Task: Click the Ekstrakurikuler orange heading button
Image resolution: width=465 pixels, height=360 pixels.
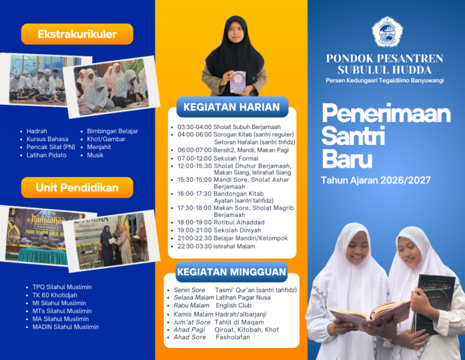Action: pyautogui.click(x=77, y=35)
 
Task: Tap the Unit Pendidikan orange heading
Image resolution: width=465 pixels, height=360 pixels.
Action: pyautogui.click(x=77, y=187)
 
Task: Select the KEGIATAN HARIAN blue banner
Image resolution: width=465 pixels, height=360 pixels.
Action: pyautogui.click(x=232, y=108)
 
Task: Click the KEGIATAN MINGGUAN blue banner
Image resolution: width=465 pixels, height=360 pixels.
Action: pyautogui.click(x=232, y=272)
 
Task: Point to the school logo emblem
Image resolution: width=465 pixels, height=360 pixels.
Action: pyautogui.click(x=387, y=32)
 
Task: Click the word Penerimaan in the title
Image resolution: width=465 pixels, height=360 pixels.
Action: pyautogui.click(x=386, y=114)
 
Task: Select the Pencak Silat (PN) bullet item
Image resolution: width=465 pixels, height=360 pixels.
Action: pyautogui.click(x=51, y=147)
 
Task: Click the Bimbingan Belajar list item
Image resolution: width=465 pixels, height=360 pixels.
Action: pyautogui.click(x=112, y=132)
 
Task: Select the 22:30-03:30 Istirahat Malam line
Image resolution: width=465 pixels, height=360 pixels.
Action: pyautogui.click(x=216, y=246)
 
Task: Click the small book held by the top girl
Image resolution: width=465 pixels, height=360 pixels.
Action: pyautogui.click(x=237, y=82)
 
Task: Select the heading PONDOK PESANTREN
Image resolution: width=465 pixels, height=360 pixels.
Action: pyautogui.click(x=384, y=59)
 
